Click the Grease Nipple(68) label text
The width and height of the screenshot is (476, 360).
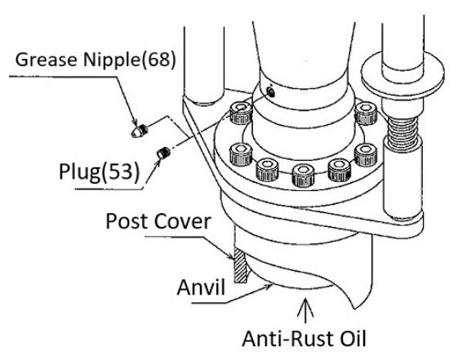[x=96, y=60]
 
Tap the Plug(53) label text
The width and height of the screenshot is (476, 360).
[x=100, y=171]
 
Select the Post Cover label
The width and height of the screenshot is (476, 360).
[x=158, y=221]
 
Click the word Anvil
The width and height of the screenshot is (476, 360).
[x=201, y=287]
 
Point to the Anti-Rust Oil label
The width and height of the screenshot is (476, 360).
[x=305, y=339]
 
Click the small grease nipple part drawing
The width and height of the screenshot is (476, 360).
[x=140, y=131]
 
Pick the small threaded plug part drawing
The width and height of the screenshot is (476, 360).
[x=163, y=153]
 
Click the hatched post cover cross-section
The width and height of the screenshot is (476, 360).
[x=240, y=265]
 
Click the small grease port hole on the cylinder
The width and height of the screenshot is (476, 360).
[x=271, y=91]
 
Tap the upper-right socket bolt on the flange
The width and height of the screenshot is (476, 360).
[x=366, y=113]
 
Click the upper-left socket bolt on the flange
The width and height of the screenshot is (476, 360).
[x=241, y=113]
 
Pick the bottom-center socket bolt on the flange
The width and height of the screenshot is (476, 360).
[x=303, y=176]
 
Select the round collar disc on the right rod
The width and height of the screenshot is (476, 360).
[x=403, y=74]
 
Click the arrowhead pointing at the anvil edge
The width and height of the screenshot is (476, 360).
[x=268, y=287]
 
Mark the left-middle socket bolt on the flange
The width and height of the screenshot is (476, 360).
[x=241, y=154]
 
